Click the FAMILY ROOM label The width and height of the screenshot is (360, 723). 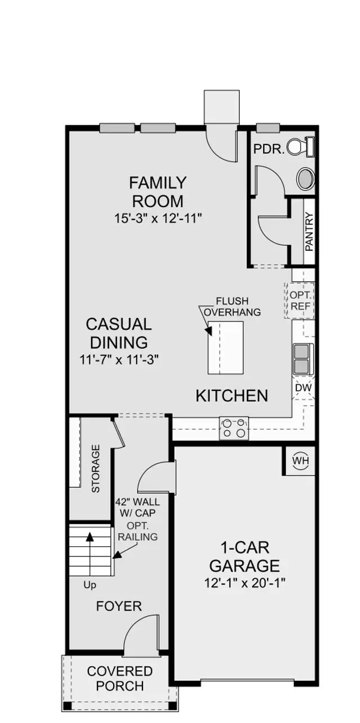(157, 192)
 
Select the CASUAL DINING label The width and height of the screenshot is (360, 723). (118, 333)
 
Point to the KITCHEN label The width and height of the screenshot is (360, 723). (232, 396)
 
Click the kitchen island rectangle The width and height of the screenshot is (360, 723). (226, 348)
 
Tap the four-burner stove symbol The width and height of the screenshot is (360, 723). (233, 428)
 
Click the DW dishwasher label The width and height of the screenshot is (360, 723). (303, 388)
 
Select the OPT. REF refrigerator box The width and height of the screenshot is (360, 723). (300, 301)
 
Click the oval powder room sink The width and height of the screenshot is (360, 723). (306, 179)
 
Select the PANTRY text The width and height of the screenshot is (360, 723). (309, 231)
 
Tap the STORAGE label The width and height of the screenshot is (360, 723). (96, 469)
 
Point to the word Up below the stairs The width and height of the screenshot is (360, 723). (89, 585)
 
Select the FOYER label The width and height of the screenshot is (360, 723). (119, 606)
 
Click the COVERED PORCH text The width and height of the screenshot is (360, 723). (119, 679)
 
